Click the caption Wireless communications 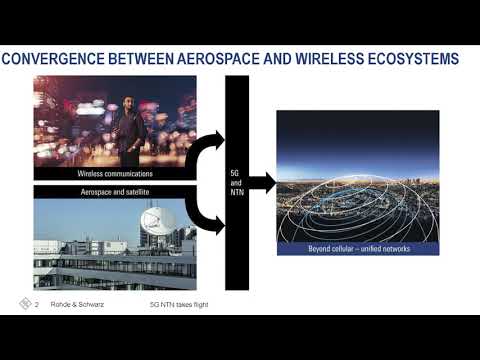(115, 174)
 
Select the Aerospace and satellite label (115, 190)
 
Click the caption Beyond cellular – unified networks (358, 247)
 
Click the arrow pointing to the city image (261, 182)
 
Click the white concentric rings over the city (358, 200)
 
